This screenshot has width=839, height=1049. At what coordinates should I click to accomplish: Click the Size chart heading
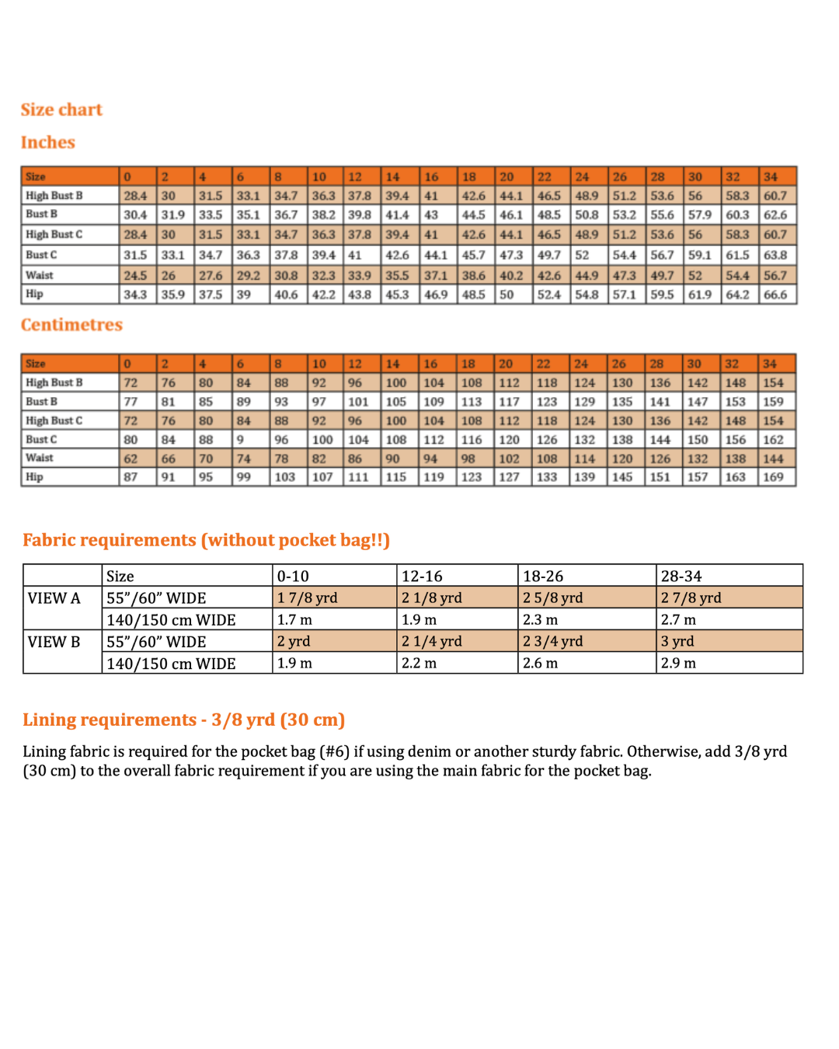click(x=61, y=110)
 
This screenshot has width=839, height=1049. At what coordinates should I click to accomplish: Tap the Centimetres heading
click(x=71, y=325)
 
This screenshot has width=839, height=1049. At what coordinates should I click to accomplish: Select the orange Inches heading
click(x=48, y=142)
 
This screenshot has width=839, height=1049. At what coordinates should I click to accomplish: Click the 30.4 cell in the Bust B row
click(x=135, y=215)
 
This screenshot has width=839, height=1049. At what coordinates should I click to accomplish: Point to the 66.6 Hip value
click(x=775, y=295)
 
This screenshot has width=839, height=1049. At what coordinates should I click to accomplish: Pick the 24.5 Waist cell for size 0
click(x=135, y=276)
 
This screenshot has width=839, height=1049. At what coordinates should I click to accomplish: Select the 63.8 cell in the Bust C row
click(x=775, y=255)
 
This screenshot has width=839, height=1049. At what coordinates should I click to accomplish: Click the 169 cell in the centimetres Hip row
click(x=773, y=477)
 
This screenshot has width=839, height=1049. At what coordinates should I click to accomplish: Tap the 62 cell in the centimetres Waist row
click(x=131, y=458)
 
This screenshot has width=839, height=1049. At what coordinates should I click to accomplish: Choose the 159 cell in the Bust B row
click(x=773, y=402)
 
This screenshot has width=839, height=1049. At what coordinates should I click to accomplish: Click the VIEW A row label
click(x=54, y=598)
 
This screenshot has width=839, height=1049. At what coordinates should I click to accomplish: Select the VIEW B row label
click(x=54, y=642)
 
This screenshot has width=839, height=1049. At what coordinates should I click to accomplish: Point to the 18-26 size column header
click(x=543, y=577)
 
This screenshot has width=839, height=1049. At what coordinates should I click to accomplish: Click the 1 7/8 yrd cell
click(x=308, y=598)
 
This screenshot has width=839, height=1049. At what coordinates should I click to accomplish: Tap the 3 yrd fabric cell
click(x=677, y=642)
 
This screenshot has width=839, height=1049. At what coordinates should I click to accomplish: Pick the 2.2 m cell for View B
click(x=419, y=664)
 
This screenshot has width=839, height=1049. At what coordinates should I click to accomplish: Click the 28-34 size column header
click(x=681, y=577)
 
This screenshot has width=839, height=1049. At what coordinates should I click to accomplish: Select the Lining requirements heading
click(x=183, y=720)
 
